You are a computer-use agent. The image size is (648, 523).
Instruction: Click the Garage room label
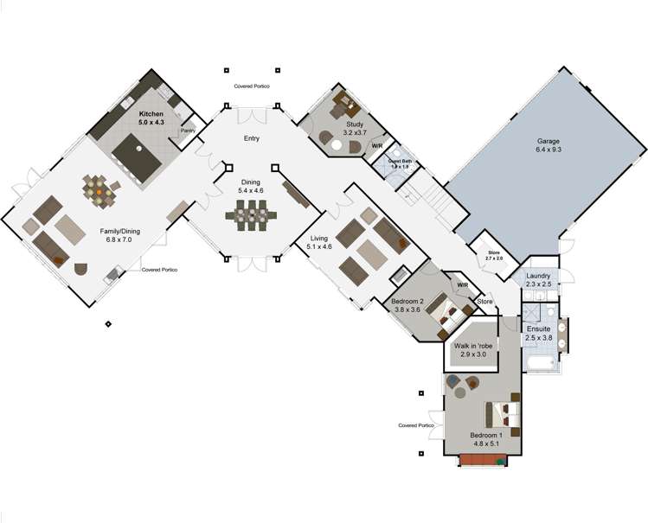point(549,144)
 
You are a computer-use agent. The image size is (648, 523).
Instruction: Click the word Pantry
point(187,131)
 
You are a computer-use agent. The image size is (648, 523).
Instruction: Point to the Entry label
point(252,149)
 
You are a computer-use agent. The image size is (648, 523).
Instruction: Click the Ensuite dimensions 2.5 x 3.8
point(538,338)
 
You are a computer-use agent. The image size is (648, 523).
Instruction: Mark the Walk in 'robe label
point(473,345)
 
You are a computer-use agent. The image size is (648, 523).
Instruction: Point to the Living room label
point(319,240)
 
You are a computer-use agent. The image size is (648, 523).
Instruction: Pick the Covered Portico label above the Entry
point(252,86)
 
